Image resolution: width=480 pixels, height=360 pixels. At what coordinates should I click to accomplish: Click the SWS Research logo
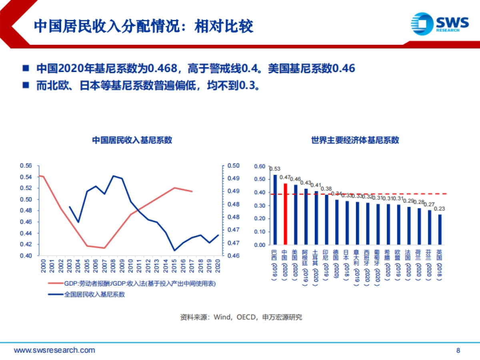point(440,24)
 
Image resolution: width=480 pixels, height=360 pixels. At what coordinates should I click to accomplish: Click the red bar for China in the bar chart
point(285,214)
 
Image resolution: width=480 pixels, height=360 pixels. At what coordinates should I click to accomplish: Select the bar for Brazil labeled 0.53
point(275,210)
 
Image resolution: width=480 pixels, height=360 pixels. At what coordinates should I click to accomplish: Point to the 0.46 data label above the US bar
point(296,179)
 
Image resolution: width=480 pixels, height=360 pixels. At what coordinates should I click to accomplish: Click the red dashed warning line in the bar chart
point(360,194)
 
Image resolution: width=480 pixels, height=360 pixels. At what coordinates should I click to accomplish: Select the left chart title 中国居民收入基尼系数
point(132,140)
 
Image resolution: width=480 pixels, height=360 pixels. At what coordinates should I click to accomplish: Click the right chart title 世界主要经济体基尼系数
point(355,140)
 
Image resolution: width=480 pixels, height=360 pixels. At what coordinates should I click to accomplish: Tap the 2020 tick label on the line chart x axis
point(218,266)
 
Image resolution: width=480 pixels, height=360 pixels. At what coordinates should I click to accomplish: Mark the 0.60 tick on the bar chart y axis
point(260,166)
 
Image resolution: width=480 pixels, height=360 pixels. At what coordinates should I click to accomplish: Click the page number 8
point(458,350)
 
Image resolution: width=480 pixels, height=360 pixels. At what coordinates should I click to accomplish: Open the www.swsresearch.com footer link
point(54,350)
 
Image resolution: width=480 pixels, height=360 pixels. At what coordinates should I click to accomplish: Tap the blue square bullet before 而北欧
point(26,85)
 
